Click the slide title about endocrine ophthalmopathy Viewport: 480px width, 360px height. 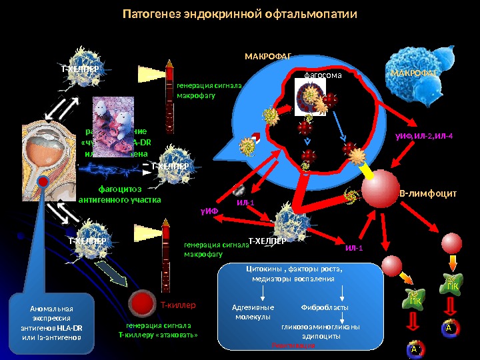[x=241, y=14]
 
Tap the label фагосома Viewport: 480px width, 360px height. [x=323, y=75]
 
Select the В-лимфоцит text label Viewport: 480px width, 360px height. [x=427, y=193]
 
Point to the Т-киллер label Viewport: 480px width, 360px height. [x=178, y=305]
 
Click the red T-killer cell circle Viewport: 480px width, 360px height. [x=142, y=303]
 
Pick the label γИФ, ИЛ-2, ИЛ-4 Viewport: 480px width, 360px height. [x=423, y=136]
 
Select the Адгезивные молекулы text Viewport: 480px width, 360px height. [x=253, y=312]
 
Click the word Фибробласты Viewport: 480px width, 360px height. [x=326, y=308]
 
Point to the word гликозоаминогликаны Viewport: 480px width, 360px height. [x=321, y=327]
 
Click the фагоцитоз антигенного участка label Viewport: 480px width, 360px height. [x=120, y=193]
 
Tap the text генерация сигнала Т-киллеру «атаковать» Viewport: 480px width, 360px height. [x=158, y=330]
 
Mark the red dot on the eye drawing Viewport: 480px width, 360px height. [x=43, y=182]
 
